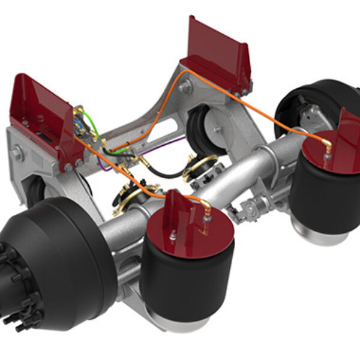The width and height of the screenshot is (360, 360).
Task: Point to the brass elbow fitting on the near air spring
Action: (x=206, y=207)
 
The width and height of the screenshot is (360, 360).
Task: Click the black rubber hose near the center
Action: (x=162, y=173)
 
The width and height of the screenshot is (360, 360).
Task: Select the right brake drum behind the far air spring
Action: (x=300, y=108)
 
